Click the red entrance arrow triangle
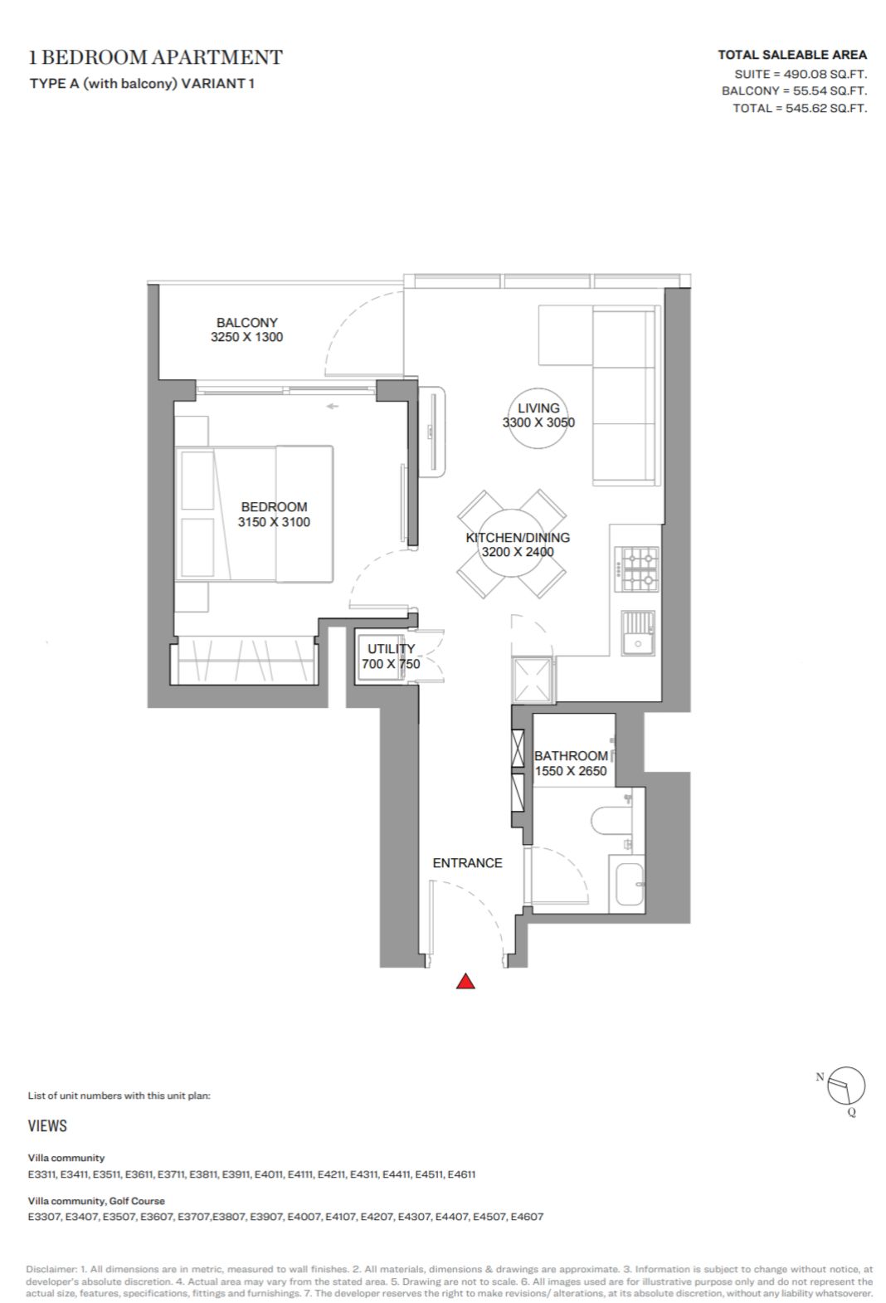point(465,982)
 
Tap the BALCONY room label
point(246,322)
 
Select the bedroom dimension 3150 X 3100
point(274,522)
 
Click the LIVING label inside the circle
point(538,408)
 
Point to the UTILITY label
point(391,648)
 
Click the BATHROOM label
point(571,755)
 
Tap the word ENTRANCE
point(467,862)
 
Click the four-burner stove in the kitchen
point(636,569)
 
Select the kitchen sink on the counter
point(638,633)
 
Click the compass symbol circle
point(846,1086)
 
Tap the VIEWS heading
point(47,1126)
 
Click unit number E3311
point(42,1174)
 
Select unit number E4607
point(527,1217)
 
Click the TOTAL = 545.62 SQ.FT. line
point(800,108)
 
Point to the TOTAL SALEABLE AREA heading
point(791,55)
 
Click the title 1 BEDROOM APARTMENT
point(156,57)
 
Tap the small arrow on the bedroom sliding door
point(332,406)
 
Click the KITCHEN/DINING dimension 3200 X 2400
point(518,551)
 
